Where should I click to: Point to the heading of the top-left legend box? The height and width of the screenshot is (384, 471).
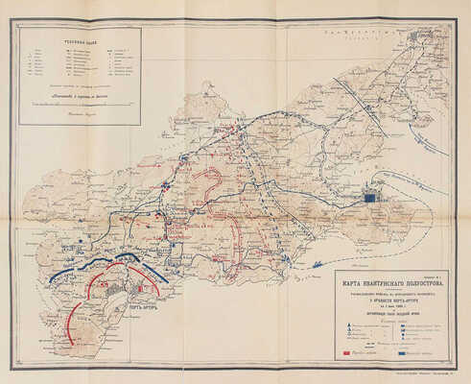tap(78, 36)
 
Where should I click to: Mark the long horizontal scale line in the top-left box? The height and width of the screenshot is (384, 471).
tap(78, 101)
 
